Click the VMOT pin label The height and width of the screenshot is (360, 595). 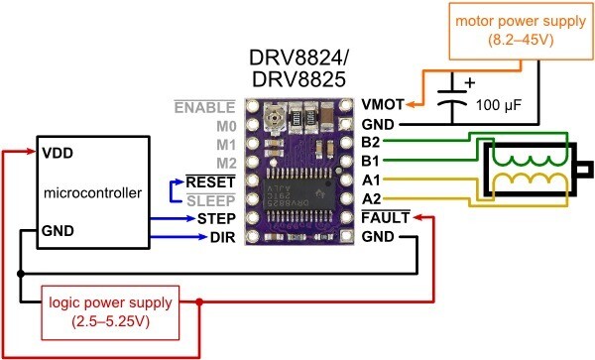coord(383,105)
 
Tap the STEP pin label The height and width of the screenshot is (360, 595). coord(216,219)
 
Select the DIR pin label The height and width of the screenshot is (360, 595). coord(223,237)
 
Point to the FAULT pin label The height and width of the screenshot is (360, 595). coord(386,218)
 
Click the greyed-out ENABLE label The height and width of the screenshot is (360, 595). coord(205,107)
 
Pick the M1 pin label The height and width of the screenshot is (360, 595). coord(226,145)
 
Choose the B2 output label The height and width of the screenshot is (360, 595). coord(371,142)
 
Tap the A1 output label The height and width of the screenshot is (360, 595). coord(371,180)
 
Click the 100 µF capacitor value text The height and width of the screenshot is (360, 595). coord(499,105)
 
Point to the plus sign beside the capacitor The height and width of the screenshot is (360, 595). coord(470,82)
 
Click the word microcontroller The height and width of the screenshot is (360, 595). coord(92,193)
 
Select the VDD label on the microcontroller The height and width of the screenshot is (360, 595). coord(58,154)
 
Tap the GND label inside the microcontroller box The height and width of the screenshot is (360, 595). coord(58,231)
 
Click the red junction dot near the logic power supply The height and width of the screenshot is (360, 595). coord(199,301)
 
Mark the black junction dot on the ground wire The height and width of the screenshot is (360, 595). coord(21,274)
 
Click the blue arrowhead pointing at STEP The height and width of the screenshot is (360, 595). coord(191,218)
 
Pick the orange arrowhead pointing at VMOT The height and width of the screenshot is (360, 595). coord(411,105)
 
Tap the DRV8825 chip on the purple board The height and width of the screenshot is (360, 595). coord(298,194)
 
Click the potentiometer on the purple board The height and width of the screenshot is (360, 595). coord(273,117)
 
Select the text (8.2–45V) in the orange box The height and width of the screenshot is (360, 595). coord(521,41)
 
